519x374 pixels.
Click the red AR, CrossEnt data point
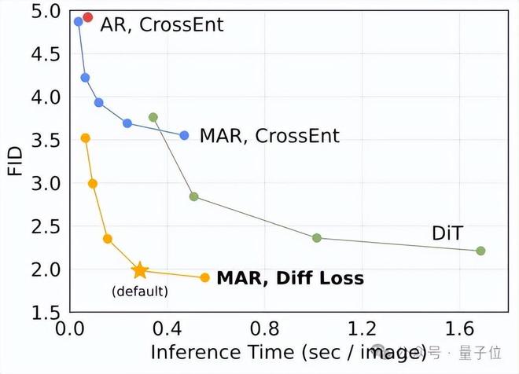(x=87, y=17)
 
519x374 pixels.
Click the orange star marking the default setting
(x=140, y=270)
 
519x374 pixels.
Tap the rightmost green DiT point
(x=480, y=251)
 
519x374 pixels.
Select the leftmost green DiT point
(x=153, y=117)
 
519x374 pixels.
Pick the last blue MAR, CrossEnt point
(x=184, y=135)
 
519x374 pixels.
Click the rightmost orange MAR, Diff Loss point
(x=204, y=277)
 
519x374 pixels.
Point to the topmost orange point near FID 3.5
(x=86, y=138)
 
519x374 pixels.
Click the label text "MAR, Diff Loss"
(x=290, y=278)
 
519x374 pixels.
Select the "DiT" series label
(x=449, y=233)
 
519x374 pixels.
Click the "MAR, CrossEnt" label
(x=270, y=136)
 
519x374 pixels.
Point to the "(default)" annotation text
(x=140, y=292)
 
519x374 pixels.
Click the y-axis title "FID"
(x=15, y=160)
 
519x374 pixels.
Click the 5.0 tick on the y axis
(x=46, y=12)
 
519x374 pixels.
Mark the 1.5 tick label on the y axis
(x=46, y=313)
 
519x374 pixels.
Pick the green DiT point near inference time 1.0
(x=316, y=238)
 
